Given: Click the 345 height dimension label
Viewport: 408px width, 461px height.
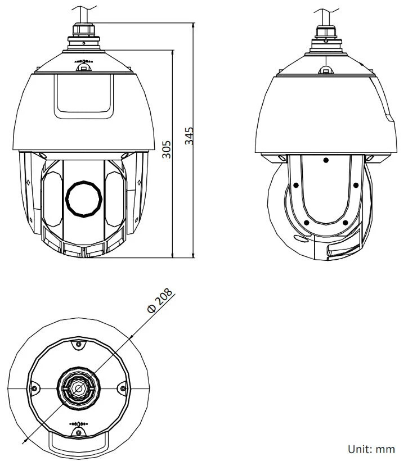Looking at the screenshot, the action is (189, 136).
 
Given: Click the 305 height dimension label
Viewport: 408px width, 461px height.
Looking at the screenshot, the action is (167, 149).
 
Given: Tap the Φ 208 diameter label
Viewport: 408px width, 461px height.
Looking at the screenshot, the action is (160, 300).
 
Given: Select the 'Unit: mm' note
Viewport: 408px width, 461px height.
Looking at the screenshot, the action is (371, 449).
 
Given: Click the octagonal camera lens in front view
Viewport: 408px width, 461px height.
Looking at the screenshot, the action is (84, 199).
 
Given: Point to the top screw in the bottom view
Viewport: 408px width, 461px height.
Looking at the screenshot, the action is (78, 344).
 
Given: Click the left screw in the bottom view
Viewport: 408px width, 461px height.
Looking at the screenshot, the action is (34, 388).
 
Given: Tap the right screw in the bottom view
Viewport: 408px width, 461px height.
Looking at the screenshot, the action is (123, 388).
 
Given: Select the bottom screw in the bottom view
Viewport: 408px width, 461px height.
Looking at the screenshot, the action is (79, 432).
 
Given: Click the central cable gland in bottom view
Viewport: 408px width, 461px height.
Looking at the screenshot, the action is (79, 388).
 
